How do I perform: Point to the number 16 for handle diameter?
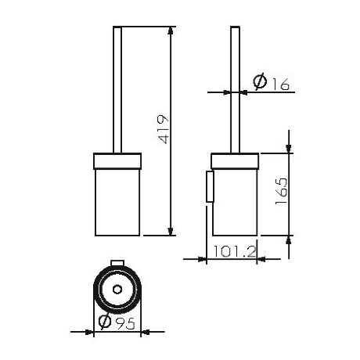[278, 81]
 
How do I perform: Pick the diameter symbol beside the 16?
[260, 81]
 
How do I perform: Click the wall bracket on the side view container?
[209, 186]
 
